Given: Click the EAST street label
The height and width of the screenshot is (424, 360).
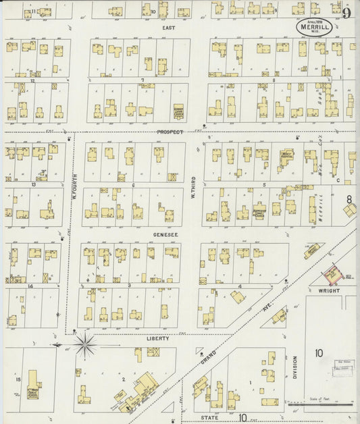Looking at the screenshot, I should tap(168, 28).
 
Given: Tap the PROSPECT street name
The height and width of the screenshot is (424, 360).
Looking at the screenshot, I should tap(170, 132).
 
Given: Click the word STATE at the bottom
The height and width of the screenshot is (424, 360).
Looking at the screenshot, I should tap(209, 418).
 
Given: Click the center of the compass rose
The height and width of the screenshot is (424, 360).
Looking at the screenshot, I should tap(86, 344).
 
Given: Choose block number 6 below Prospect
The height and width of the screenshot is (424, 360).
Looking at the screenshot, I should tap(134, 184).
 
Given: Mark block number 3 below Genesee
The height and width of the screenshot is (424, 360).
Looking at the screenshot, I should tap(128, 286).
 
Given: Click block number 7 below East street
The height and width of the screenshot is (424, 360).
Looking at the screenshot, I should tap(143, 80).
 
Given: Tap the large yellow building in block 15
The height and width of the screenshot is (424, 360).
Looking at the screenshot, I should tap(32, 394).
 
